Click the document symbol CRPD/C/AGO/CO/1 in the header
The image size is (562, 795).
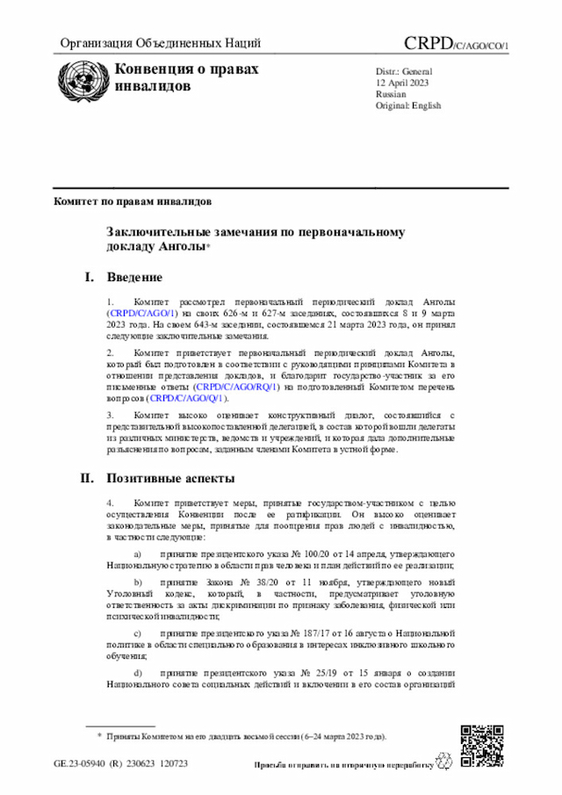(456, 44)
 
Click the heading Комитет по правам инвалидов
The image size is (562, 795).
(133, 201)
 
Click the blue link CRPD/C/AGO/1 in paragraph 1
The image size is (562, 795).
(143, 313)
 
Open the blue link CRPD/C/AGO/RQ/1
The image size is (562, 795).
(237, 387)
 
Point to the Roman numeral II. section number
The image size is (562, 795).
(87, 479)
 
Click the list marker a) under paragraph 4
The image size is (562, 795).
(137, 555)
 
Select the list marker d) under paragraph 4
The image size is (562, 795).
(137, 672)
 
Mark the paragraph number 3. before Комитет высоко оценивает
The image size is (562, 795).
(110, 414)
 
